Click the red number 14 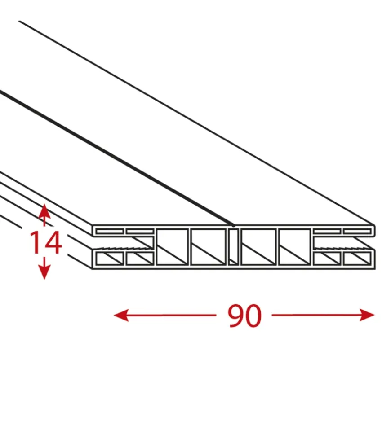click(x=45, y=242)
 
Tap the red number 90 click(x=244, y=316)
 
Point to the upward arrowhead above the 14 click(x=44, y=211)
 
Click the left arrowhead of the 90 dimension click(x=121, y=315)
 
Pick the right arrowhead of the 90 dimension click(x=367, y=315)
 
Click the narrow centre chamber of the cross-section click(x=233, y=246)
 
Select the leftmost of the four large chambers click(x=172, y=246)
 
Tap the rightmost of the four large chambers click(x=294, y=246)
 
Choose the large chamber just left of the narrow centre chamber click(x=208, y=246)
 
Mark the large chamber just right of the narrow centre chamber click(x=258, y=246)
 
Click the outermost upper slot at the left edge click(x=110, y=231)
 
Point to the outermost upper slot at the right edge click(x=357, y=231)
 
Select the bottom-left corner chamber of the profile click(x=110, y=259)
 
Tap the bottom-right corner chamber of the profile click(x=357, y=259)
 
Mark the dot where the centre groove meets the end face click(x=234, y=226)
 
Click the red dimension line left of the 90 click(x=165, y=315)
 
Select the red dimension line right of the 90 click(x=323, y=315)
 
